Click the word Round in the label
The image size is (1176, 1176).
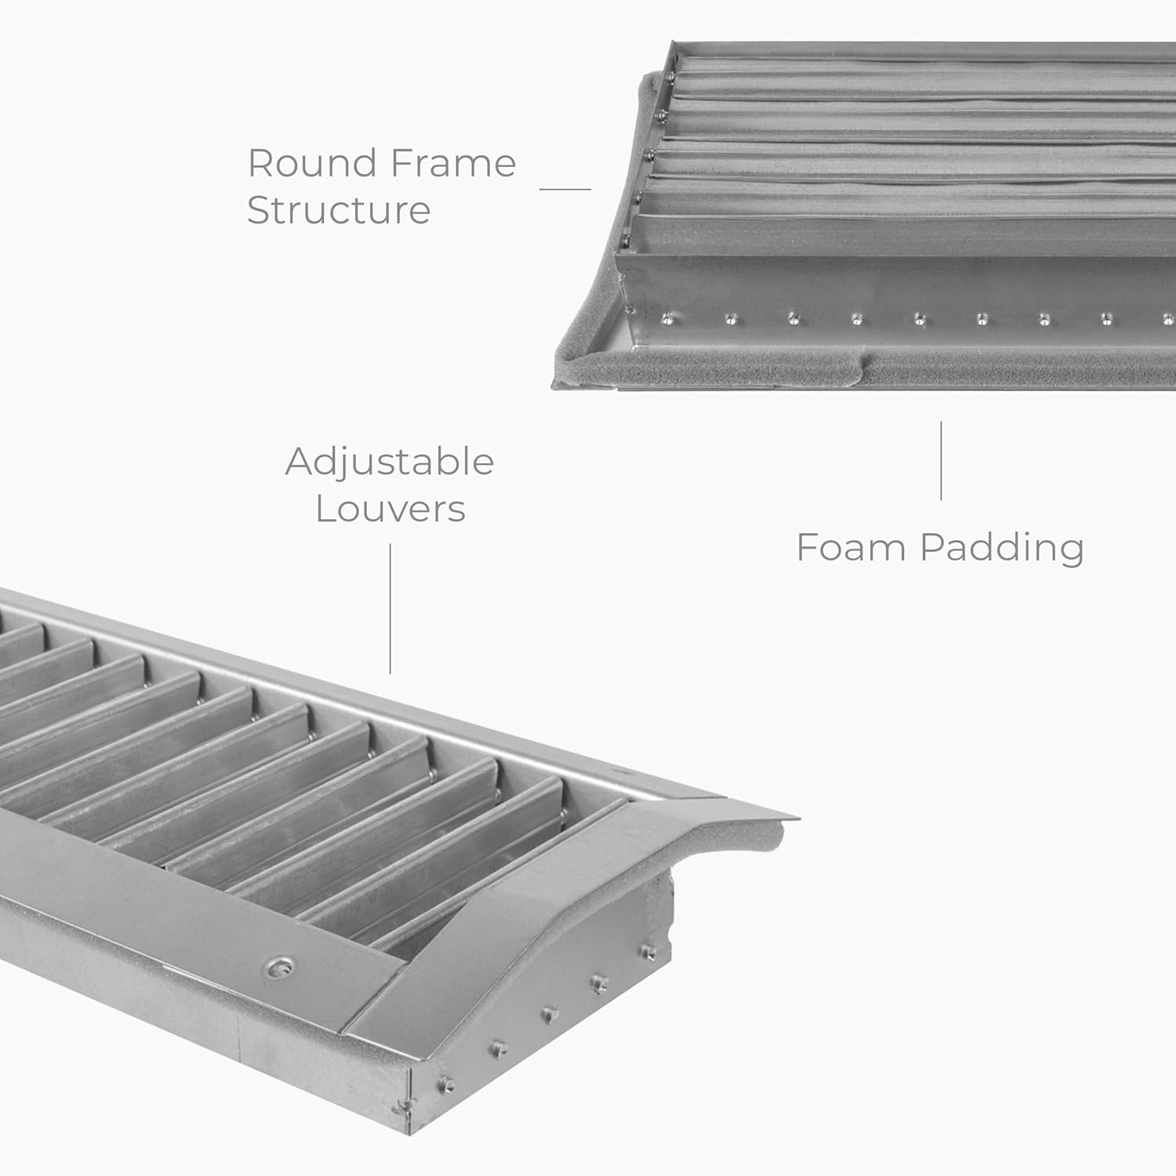[312, 164]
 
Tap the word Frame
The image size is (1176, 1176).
[452, 164]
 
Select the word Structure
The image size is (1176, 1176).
[339, 210]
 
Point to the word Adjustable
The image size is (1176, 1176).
[390, 463]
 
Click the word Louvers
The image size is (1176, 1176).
[390, 509]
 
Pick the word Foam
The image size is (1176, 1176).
[851, 547]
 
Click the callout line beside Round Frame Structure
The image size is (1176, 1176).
[564, 189]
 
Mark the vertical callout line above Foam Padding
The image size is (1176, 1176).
[941, 461]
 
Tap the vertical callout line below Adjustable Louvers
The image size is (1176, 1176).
[390, 608]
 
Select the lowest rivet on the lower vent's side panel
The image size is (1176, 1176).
[447, 1085]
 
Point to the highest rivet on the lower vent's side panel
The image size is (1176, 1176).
[648, 952]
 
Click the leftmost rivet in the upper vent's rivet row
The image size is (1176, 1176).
[667, 318]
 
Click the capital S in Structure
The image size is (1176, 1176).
[260, 210]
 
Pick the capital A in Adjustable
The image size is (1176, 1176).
[299, 461]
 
